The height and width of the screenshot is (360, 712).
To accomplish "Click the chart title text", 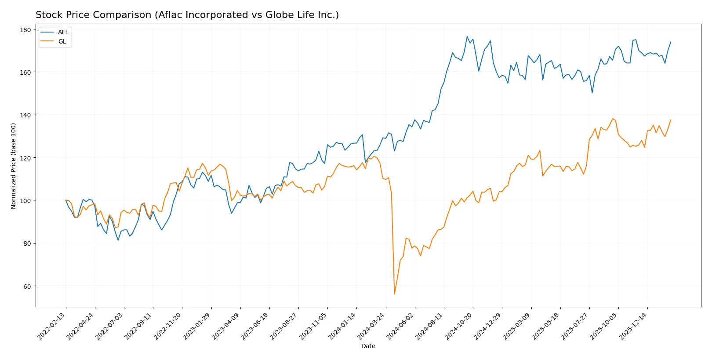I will pyautogui.click(x=187, y=15).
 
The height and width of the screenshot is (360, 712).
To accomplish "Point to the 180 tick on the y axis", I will pyautogui.click(x=25, y=29).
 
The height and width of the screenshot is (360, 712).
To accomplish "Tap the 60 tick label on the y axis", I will pyautogui.click(x=27, y=286).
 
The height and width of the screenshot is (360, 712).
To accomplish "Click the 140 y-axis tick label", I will pyautogui.click(x=25, y=115).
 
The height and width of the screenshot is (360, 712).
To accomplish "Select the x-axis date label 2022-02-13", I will pyautogui.click(x=52, y=326).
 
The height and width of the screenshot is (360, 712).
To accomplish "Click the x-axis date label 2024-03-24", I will pyautogui.click(x=371, y=326).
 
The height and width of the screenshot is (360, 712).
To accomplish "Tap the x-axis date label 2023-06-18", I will pyautogui.click(x=255, y=326).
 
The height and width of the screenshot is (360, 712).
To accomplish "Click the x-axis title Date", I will pyautogui.click(x=368, y=346).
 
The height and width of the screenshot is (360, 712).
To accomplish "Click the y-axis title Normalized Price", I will pyautogui.click(x=14, y=166).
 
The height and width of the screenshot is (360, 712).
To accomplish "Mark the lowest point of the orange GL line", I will pyautogui.click(x=394, y=294).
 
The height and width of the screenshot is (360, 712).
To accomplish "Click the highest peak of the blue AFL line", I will pyautogui.click(x=467, y=36).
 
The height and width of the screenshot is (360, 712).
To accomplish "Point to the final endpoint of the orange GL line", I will pyautogui.click(x=671, y=120).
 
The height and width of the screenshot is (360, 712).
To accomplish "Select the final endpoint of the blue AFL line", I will pyautogui.click(x=671, y=42).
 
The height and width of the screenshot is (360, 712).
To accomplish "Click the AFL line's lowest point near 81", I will pyautogui.click(x=118, y=240).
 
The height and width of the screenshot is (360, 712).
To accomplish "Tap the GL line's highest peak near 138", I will pyautogui.click(x=612, y=119).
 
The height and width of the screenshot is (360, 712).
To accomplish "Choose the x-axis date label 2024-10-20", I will pyautogui.click(x=459, y=326).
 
